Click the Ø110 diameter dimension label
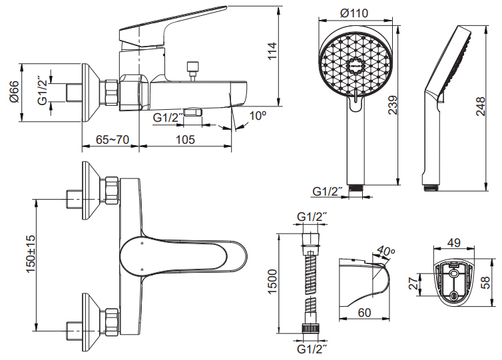pyautogui.click(x=354, y=13)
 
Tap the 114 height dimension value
pyautogui.click(x=272, y=51)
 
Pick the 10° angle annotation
pyautogui.click(x=258, y=116)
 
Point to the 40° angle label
pyautogui.click(x=385, y=252)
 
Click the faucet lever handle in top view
pyautogui.click(x=180, y=255)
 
